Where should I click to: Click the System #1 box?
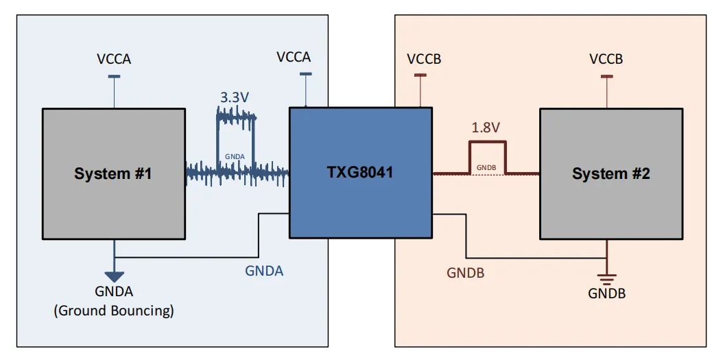[x=113, y=173]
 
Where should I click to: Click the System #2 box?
[x=611, y=173]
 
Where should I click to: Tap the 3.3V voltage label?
[x=235, y=97]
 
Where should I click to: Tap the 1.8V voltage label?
[x=486, y=128]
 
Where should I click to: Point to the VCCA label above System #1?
[x=114, y=59]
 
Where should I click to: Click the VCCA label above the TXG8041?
[x=294, y=57]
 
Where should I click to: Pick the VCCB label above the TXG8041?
[x=424, y=59]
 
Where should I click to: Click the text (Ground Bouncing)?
[x=114, y=311]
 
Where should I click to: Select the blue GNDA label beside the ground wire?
[x=264, y=271]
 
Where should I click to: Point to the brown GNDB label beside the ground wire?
[x=466, y=273]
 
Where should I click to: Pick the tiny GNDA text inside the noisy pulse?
[x=235, y=156]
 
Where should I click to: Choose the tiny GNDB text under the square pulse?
[x=486, y=167]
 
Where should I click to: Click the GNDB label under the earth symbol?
[x=607, y=293]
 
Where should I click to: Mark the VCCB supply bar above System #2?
[x=606, y=76]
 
